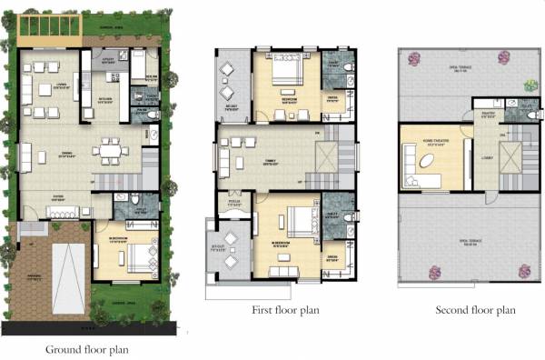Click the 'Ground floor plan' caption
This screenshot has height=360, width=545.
click(87, 349)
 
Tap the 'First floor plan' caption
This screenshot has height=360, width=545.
click(284, 310)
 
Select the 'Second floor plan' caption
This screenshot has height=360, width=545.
click(474, 310)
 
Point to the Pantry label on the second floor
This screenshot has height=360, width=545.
click(486, 115)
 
